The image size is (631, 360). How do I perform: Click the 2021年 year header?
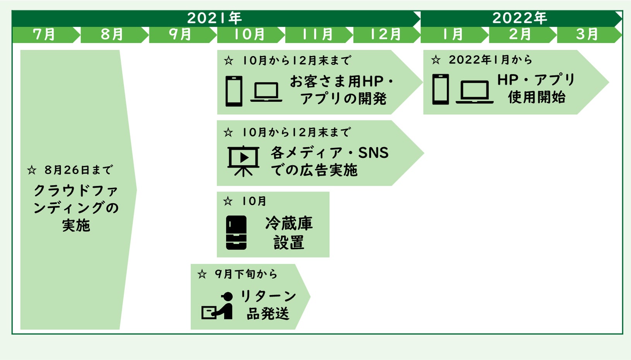[x=214, y=18]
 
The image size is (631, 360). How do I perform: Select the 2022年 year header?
[x=520, y=18]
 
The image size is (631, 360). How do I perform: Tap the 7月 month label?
[x=44, y=34]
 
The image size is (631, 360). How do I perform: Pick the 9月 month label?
[x=180, y=34]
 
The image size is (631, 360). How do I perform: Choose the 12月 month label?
[x=386, y=34]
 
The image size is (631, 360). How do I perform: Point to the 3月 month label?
[x=587, y=34]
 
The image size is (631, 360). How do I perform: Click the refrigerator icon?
[x=236, y=232]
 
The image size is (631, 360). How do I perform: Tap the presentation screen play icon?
[x=243, y=160]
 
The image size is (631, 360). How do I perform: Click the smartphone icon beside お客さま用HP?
[x=234, y=91]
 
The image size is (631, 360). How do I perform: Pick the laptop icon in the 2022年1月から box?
[x=474, y=92]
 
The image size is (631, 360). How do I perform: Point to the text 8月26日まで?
[x=78, y=170]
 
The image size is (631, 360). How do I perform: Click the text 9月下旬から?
[x=246, y=274]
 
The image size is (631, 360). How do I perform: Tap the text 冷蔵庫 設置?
[x=289, y=233]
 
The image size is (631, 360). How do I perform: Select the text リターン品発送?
[x=268, y=305]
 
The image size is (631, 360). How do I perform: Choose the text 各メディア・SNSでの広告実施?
[x=329, y=161]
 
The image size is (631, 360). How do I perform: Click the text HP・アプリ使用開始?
[x=536, y=88]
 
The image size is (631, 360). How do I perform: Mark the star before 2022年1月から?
[x=436, y=60]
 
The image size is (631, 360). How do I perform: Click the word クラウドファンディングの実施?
[x=76, y=208]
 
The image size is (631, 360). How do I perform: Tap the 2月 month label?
[x=520, y=34]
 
